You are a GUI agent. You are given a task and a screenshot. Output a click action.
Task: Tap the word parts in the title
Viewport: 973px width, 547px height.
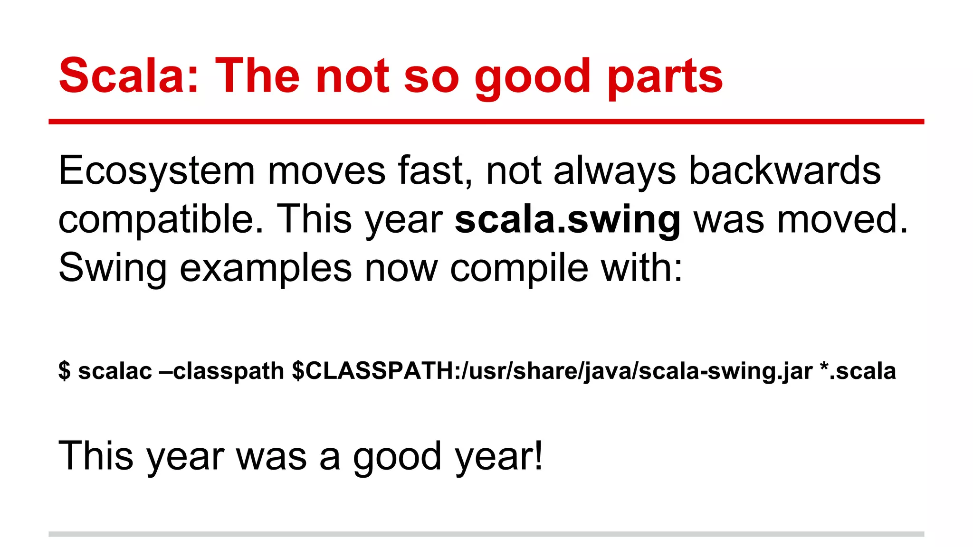[665, 76]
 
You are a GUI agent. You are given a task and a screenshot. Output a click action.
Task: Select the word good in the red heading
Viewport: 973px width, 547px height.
[532, 77]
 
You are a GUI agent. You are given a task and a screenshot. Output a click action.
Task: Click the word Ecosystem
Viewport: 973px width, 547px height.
[156, 171]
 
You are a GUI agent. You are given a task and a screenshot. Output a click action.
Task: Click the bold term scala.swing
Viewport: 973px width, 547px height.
[568, 220]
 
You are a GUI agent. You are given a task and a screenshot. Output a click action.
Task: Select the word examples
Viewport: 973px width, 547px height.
[266, 268]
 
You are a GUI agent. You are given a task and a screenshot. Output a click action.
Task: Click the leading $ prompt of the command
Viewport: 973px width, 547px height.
[64, 371]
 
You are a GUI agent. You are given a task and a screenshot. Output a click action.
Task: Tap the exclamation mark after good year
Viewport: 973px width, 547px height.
[538, 455]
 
